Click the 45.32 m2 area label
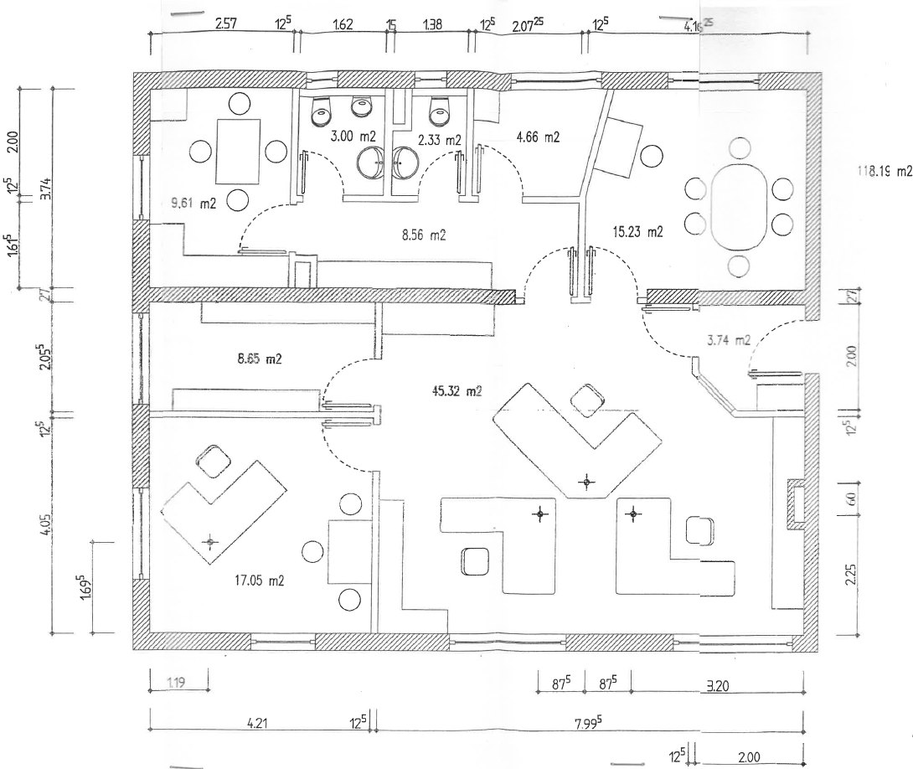[456, 390]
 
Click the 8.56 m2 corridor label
[424, 236]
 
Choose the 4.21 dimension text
[258, 723]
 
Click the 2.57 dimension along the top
[224, 24]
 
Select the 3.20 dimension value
[717, 684]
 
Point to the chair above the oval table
[739, 150]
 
